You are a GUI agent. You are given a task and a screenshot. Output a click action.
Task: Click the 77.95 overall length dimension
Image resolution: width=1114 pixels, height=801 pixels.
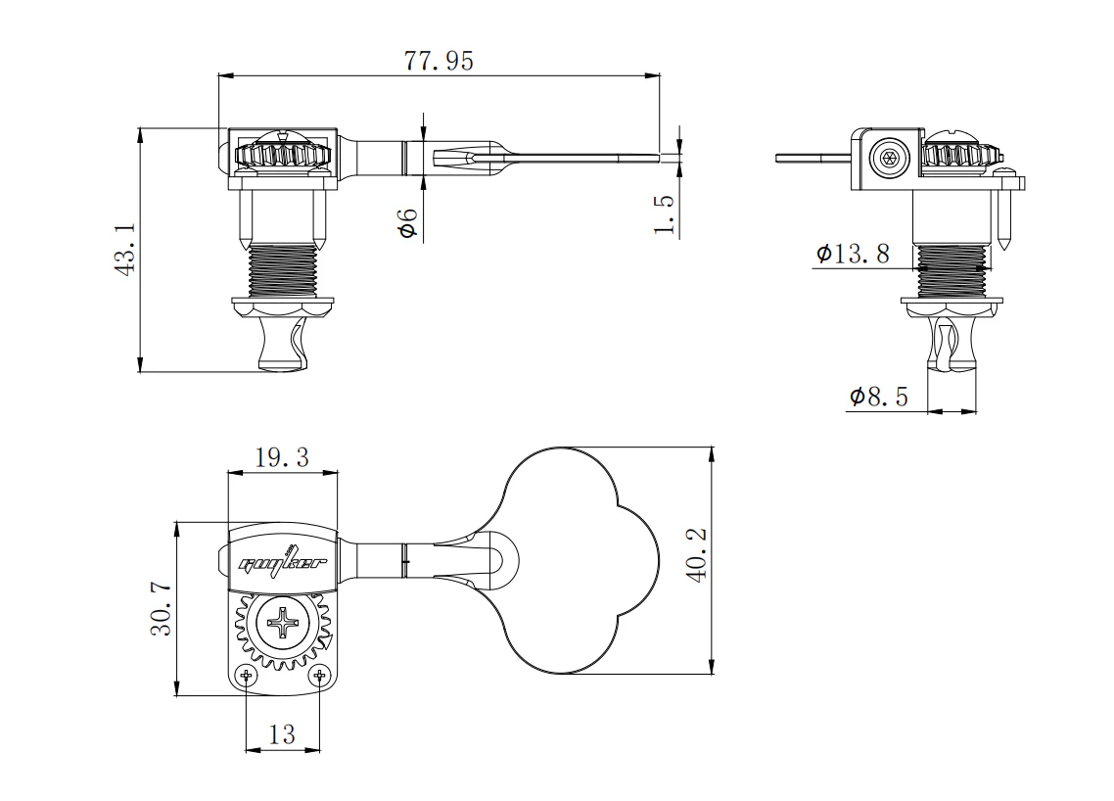(x=439, y=61)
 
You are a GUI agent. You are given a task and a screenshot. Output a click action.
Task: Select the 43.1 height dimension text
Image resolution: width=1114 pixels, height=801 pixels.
(x=126, y=251)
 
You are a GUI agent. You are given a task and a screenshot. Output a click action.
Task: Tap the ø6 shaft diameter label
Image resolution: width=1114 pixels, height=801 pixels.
(x=408, y=222)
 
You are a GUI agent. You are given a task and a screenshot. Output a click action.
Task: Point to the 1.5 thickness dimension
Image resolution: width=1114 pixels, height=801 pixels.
(x=665, y=212)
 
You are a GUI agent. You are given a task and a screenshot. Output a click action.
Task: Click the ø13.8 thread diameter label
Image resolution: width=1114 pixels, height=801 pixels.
(x=853, y=255)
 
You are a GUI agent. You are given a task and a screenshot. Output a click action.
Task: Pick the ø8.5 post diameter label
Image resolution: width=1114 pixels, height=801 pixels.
(x=879, y=397)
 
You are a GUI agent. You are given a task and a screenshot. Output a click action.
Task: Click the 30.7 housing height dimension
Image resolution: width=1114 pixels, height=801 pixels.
(x=162, y=609)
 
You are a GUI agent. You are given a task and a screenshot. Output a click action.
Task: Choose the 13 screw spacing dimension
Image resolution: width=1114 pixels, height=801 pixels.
(x=282, y=734)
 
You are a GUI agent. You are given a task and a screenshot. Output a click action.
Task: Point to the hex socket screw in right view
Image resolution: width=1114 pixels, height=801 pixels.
(x=889, y=160)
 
